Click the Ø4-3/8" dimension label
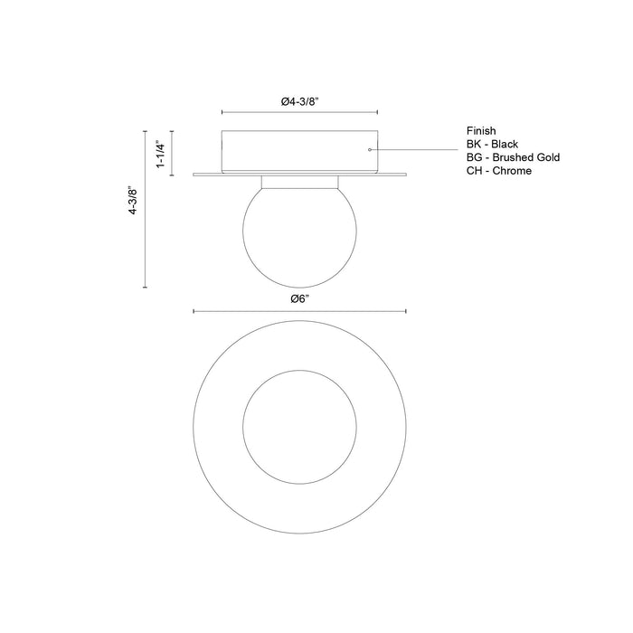[x=299, y=102]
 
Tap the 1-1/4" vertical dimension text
[x=159, y=154]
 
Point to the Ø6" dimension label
[x=299, y=299]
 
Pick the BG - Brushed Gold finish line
[x=513, y=157]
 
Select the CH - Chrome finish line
[x=499, y=170]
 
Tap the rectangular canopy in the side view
[x=299, y=149]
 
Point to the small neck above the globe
[x=299, y=181]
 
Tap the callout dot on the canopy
[x=369, y=149]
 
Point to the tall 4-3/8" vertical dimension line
[x=146, y=209]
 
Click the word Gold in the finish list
[x=546, y=157]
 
